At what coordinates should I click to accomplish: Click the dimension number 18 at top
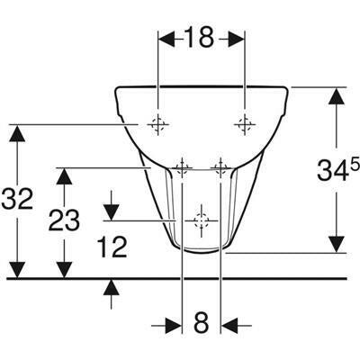coord(199,38)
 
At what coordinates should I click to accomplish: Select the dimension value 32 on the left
coord(17,199)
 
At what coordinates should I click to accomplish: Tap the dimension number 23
coord(64,220)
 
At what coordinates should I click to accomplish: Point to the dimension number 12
coord(112,247)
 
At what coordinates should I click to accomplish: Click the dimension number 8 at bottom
coord(201,322)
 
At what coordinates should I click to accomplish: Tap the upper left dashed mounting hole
coord(158,124)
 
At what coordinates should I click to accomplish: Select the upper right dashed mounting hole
coord(245,124)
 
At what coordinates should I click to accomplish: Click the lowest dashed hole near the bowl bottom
coord(201,220)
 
